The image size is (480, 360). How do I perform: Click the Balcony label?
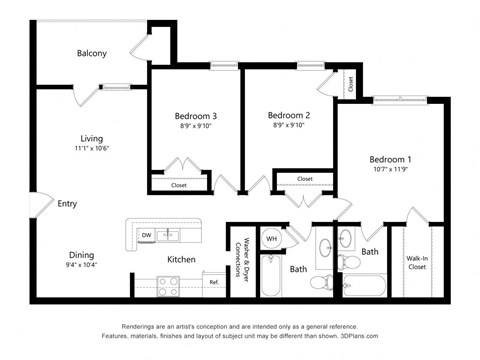point(91,53)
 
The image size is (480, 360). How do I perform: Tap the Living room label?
point(92,139)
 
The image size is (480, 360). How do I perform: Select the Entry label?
point(67,204)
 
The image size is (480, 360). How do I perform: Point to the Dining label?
point(82,254)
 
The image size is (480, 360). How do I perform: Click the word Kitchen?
point(181,260)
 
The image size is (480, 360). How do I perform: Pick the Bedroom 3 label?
point(195,116)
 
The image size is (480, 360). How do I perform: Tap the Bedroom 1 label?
point(390,160)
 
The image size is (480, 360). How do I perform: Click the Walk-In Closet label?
point(417,263)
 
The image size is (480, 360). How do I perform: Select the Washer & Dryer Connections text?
point(241,259)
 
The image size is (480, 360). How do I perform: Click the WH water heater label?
point(271,239)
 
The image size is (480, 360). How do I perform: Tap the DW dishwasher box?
point(146,235)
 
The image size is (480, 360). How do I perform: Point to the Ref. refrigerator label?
point(214,283)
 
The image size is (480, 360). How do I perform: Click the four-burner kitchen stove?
point(168,284)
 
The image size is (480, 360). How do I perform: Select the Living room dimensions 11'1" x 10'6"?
point(92,148)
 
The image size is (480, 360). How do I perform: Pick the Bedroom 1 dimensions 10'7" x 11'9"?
point(390,170)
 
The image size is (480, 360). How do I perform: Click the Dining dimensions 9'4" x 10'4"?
point(82,265)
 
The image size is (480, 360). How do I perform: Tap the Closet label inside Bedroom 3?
point(179,185)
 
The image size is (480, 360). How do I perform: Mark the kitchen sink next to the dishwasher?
point(171,235)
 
